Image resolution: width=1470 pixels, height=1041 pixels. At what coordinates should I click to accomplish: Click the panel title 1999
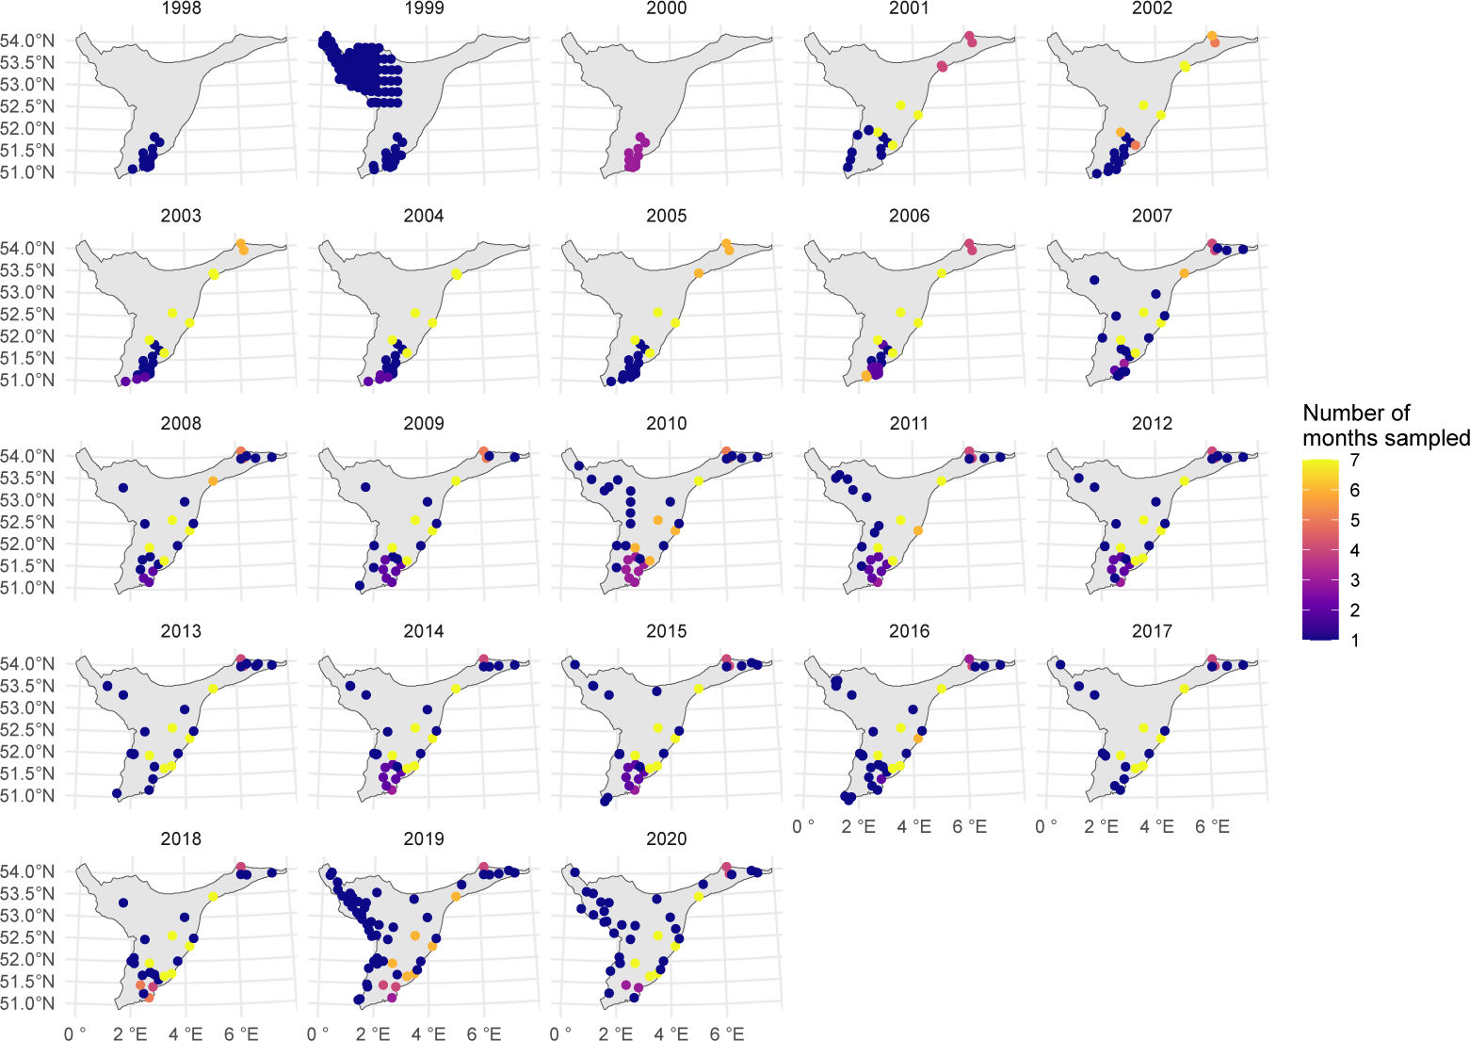[x=424, y=8]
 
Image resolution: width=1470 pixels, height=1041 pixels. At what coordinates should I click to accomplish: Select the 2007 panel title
[x=1152, y=216]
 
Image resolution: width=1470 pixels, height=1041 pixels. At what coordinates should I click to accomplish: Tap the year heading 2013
[x=181, y=631]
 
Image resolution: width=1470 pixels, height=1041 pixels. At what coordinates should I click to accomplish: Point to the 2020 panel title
[x=667, y=838]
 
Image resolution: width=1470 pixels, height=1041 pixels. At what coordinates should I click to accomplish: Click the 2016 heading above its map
[x=909, y=631]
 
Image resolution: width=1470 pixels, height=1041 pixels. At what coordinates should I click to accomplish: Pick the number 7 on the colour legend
[x=1354, y=460]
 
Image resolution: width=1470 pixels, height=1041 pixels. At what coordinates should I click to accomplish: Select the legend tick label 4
[x=1354, y=550]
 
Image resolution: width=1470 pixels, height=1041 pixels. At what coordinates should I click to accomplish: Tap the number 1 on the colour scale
[x=1354, y=640]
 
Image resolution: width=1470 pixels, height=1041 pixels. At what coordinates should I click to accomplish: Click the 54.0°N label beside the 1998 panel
[x=27, y=41]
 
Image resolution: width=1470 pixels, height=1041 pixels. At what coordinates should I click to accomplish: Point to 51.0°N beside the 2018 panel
[x=27, y=1003]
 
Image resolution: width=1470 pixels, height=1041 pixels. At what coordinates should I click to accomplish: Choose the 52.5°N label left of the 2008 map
[x=27, y=522]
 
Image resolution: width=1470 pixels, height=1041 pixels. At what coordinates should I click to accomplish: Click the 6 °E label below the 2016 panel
[x=969, y=827]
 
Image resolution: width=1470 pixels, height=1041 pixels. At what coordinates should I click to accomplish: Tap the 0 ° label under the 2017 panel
[x=1046, y=827]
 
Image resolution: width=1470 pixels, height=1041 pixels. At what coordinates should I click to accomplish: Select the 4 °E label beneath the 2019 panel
[x=428, y=1034]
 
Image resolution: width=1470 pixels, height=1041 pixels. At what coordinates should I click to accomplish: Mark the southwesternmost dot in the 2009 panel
[x=360, y=585]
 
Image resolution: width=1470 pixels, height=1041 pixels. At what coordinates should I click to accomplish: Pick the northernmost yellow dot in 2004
[x=457, y=274]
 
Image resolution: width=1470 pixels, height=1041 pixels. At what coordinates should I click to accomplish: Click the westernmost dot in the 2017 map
[x=1060, y=665]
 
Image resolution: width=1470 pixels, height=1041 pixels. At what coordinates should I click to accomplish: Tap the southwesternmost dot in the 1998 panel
[x=133, y=169]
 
